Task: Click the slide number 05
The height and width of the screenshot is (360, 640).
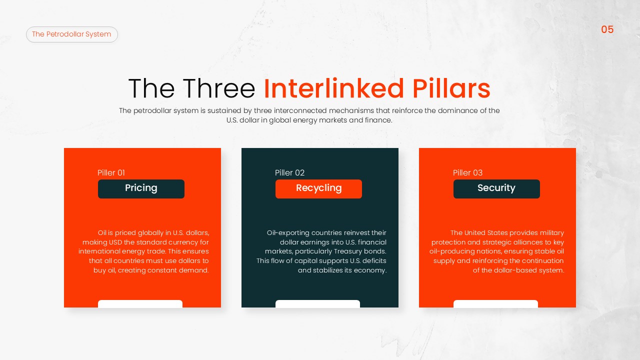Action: pos(607,29)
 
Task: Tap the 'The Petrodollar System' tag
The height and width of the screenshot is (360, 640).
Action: pos(72,34)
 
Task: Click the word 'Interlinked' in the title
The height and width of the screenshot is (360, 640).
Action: pos(334,89)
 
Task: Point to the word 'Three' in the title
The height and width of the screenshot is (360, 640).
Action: pos(218,89)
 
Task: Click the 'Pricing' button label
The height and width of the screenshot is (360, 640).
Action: pos(141,188)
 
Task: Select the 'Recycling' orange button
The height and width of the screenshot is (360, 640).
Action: pos(318,188)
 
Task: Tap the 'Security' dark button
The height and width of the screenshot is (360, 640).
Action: pos(496,188)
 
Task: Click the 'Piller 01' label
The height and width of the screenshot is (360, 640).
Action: pos(111,173)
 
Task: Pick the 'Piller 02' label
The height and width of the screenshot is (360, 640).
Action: pos(289,173)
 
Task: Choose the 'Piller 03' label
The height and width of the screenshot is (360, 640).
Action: pos(467,173)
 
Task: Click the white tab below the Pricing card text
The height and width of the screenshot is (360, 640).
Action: pos(140,303)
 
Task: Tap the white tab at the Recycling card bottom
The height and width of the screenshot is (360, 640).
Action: pos(317,303)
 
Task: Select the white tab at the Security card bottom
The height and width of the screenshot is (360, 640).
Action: pos(495,303)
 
